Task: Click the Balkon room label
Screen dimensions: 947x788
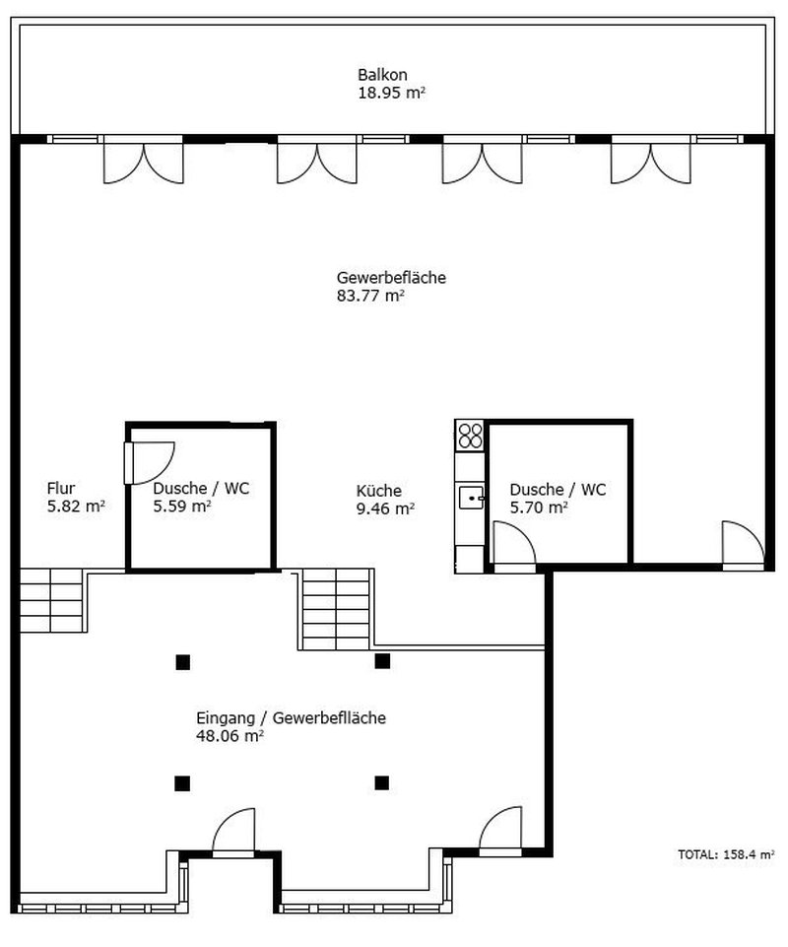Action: pyautogui.click(x=382, y=75)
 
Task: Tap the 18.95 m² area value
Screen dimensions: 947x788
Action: pyautogui.click(x=391, y=93)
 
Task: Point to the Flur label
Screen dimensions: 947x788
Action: pyautogui.click(x=61, y=488)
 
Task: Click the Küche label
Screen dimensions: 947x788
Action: pyautogui.click(x=378, y=491)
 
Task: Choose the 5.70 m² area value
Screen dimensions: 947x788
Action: pyautogui.click(x=538, y=507)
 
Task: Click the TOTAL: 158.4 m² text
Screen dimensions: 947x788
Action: pyautogui.click(x=726, y=854)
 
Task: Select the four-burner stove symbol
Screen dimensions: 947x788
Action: pyautogui.click(x=470, y=435)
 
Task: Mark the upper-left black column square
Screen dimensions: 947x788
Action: pyautogui.click(x=182, y=661)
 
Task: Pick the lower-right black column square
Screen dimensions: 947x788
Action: pyautogui.click(x=382, y=783)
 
